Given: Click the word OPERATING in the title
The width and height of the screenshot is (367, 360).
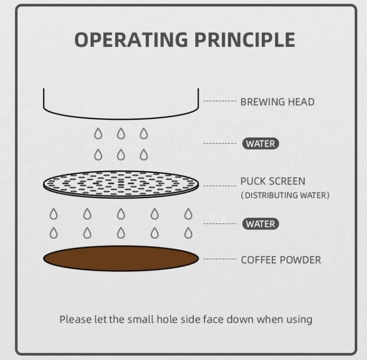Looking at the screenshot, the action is [x=131, y=40].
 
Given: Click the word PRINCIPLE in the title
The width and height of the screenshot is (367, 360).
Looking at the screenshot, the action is [x=245, y=40].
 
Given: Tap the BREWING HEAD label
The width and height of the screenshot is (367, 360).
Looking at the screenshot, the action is [x=277, y=102].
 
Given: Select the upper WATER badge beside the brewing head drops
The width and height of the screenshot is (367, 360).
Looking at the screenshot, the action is [x=260, y=144].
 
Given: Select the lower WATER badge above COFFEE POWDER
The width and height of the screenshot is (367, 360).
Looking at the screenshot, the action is [x=260, y=224].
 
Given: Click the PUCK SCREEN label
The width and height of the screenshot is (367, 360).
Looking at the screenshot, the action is [x=273, y=181].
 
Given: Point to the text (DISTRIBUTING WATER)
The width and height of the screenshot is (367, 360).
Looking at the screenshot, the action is [x=285, y=195].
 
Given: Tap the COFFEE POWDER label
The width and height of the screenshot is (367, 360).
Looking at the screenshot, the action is [x=281, y=260].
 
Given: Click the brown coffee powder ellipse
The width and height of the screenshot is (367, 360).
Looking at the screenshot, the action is [x=121, y=258].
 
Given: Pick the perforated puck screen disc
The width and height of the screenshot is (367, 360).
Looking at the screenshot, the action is [x=121, y=184].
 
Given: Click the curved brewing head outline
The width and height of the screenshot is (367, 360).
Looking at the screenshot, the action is [x=121, y=119].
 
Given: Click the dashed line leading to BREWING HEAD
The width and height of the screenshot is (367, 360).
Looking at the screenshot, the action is [x=220, y=101].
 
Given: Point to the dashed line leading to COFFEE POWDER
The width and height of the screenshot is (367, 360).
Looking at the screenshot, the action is [x=220, y=259].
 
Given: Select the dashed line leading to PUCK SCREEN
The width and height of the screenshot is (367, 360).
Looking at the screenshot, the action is [x=220, y=186].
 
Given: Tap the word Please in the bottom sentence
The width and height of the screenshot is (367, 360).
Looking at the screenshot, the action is [x=75, y=319].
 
